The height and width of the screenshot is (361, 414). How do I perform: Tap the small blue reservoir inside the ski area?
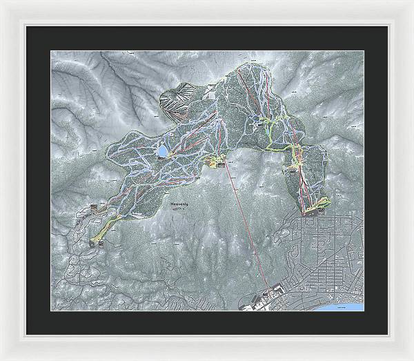[x=163, y=150]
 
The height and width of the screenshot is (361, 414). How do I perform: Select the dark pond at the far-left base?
[x=92, y=242]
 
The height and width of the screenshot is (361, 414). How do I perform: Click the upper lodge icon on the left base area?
[x=95, y=206]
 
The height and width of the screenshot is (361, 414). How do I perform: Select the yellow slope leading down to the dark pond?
[x=108, y=227]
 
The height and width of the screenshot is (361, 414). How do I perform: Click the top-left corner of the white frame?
[x=2, y=2]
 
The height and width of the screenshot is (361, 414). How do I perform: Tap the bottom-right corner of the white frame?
[x=411, y=358]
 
